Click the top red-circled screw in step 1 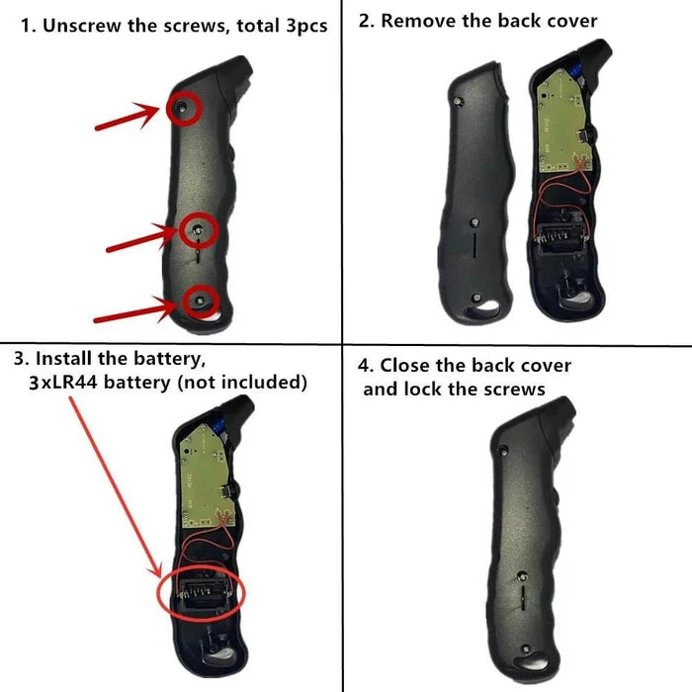tap(182, 107)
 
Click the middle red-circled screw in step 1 tap(198, 229)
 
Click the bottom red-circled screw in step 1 tap(200, 301)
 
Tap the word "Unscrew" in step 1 tap(82, 26)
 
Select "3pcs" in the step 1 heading tap(306, 26)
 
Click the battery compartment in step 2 tap(562, 239)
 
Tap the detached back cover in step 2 tap(477, 194)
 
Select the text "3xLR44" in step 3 tap(62, 383)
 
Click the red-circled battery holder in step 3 tap(204, 594)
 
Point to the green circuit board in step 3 tap(208, 476)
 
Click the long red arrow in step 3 tap(116, 486)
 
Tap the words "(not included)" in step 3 tap(242, 383)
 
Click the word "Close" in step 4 tap(407, 366)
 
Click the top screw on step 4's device tap(504, 451)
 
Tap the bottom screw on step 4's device tap(526, 649)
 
